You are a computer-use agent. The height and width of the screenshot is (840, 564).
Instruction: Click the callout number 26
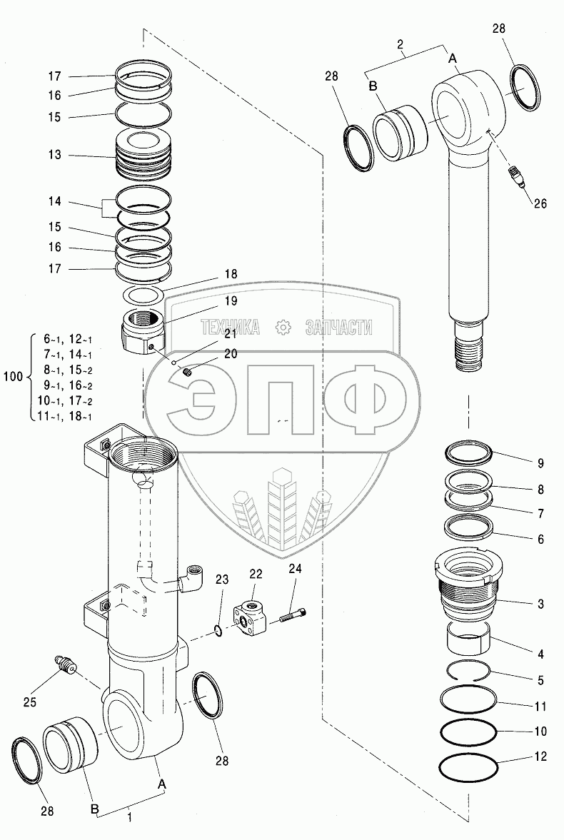click(540, 203)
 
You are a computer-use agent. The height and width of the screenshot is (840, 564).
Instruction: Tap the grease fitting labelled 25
click(66, 665)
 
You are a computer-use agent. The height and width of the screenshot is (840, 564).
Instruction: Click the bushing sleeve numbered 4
click(468, 638)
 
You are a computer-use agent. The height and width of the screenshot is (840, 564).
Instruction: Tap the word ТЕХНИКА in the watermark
click(230, 328)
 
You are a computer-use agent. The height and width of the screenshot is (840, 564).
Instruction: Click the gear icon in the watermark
click(283, 328)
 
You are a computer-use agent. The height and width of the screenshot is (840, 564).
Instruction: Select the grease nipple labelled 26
click(515, 175)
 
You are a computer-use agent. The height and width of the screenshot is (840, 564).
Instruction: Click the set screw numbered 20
click(187, 372)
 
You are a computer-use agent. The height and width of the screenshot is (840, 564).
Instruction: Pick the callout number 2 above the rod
click(401, 44)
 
